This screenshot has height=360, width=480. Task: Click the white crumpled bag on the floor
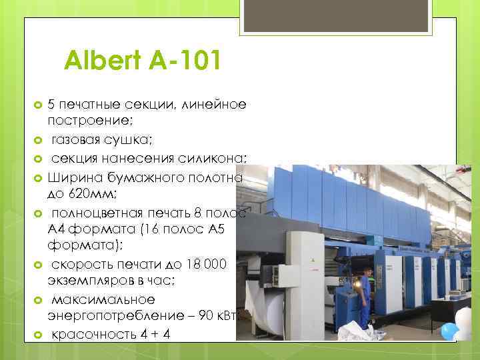click(x=339, y=333)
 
